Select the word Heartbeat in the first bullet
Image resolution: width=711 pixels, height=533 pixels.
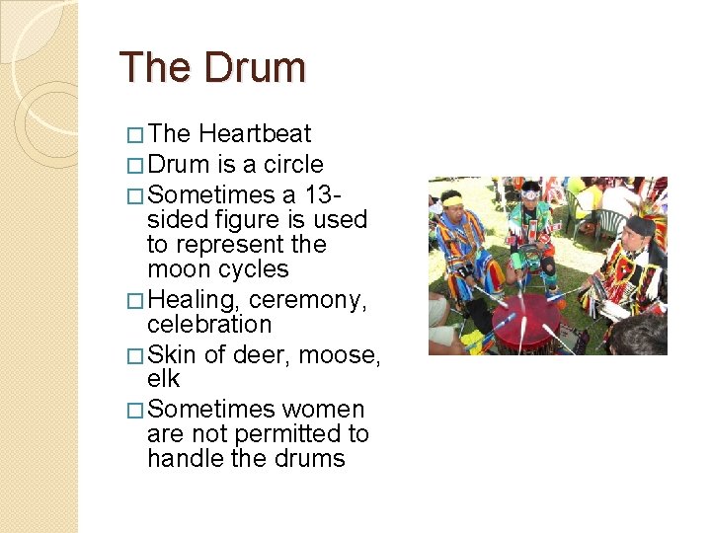click(255, 134)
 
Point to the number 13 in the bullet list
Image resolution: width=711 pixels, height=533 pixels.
click(349, 194)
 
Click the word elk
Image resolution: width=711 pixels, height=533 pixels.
click(163, 380)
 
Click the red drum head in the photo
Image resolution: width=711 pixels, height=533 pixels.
click(525, 322)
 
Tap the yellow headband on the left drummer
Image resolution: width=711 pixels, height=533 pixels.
click(452, 200)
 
